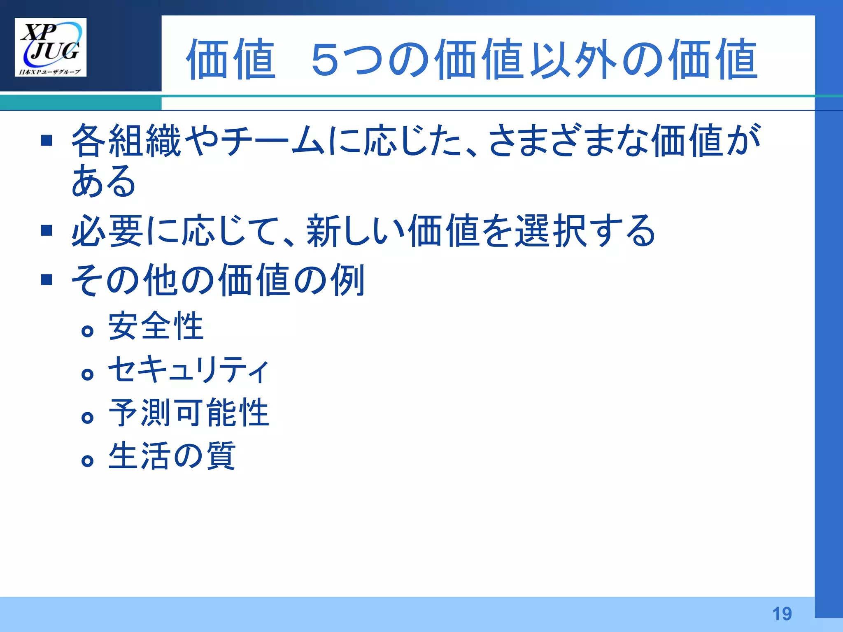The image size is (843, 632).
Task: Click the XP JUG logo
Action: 51,47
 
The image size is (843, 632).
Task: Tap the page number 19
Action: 782,614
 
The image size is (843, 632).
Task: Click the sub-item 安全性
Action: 156,326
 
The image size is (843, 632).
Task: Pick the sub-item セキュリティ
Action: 188,369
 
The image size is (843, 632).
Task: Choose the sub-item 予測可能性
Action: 188,413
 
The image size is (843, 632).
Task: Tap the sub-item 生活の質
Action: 172,456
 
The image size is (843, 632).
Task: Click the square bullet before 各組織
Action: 47,141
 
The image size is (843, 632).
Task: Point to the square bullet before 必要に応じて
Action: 47,230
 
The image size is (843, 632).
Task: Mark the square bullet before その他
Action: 47,280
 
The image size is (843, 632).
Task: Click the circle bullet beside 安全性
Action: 87,331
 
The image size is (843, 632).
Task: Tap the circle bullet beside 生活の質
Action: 87,461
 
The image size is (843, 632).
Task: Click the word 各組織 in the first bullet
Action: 126,141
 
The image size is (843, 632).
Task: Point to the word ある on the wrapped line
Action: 104,181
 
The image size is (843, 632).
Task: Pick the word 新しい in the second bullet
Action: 356,230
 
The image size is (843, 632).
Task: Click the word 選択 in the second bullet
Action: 551,230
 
